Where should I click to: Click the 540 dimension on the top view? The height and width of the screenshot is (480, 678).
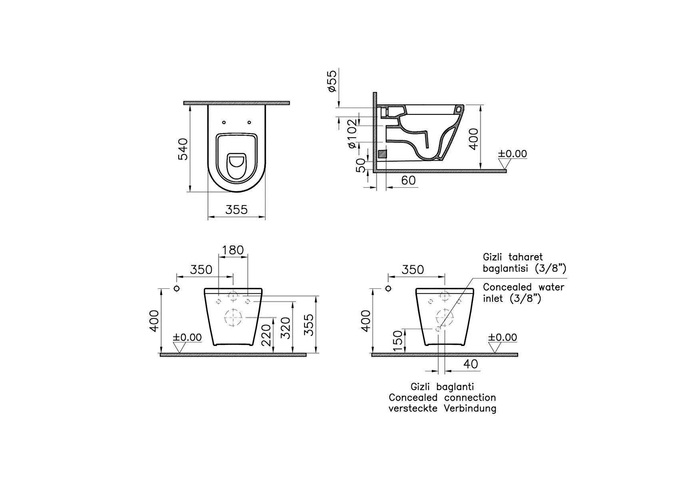pos(183,149)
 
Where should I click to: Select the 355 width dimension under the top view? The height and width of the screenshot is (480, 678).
pos(236,209)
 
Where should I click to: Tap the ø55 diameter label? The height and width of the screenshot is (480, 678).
pos(332,81)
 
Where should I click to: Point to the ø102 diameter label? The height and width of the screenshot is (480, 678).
pos(353,134)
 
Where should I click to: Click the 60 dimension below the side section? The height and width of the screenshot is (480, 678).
pos(408,180)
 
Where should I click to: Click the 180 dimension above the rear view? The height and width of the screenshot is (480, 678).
pos(233,250)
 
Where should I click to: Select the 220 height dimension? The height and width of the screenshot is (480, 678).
pos(266,335)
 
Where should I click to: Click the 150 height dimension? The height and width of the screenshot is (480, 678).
pos(398,341)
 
